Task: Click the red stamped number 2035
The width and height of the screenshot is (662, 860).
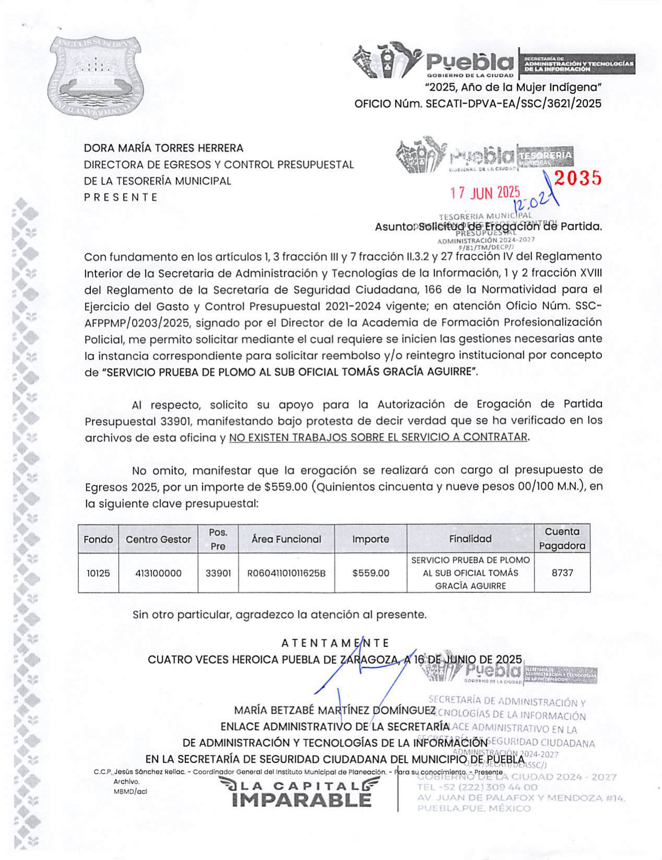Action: [x=577, y=179]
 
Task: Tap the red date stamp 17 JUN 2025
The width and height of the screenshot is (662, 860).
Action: [x=485, y=193]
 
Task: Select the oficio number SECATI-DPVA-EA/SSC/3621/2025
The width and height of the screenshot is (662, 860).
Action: [x=513, y=103]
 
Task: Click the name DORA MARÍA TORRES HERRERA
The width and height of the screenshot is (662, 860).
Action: [x=164, y=148]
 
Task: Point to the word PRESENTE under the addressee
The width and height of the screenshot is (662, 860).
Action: [x=121, y=197]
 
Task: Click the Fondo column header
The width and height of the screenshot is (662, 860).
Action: [x=98, y=539]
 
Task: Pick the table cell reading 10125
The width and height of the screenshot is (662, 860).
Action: [x=98, y=573]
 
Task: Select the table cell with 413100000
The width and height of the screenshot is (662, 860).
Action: [x=158, y=573]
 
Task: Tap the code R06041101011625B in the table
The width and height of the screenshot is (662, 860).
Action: [x=286, y=573]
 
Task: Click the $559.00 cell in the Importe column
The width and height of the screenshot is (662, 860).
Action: [x=370, y=573]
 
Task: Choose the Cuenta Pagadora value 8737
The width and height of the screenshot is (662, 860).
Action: [x=562, y=573]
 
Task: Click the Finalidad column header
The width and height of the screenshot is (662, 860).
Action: [x=470, y=539]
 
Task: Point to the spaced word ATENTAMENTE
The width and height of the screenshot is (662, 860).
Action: [x=335, y=643]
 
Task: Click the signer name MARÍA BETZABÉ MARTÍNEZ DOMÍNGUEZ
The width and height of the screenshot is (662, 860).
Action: [x=334, y=710]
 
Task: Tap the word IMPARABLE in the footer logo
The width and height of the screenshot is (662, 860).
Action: [x=302, y=799]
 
